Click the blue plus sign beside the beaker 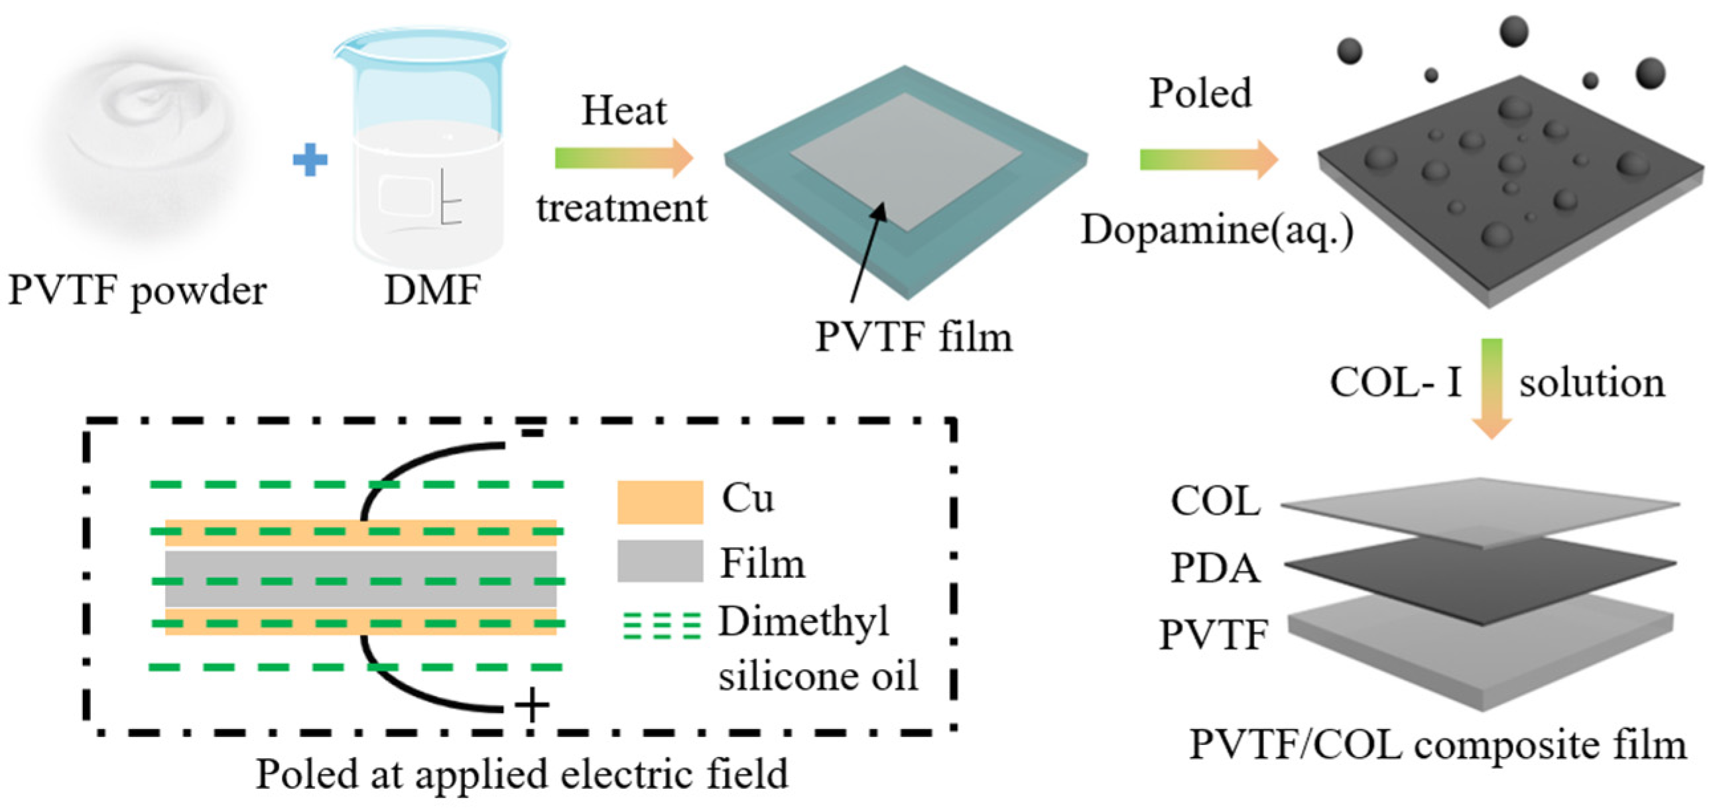pos(310,160)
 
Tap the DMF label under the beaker pos(433,291)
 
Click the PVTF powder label pos(138,291)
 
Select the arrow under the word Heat pos(624,159)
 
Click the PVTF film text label pos(914,337)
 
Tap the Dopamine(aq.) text pos(1216,230)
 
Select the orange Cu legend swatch pos(660,502)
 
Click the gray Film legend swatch pos(660,561)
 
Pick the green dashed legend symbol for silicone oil pos(661,626)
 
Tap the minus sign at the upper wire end pos(532,434)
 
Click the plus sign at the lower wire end pos(532,705)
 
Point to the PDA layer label pos(1215,569)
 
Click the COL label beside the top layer pos(1215,502)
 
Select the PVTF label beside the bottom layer pos(1214,634)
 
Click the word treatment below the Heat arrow pos(622,208)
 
